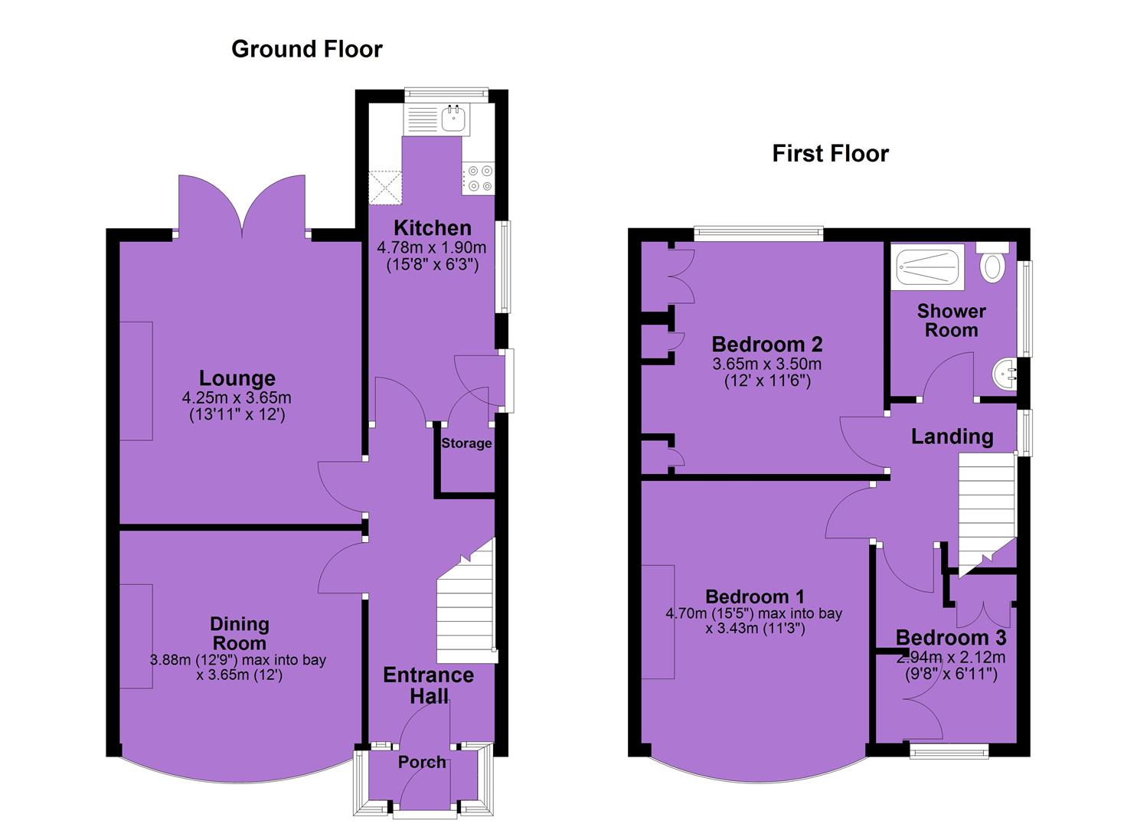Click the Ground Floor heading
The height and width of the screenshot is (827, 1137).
pyautogui.click(x=306, y=49)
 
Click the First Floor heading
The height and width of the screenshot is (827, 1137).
pyautogui.click(x=831, y=153)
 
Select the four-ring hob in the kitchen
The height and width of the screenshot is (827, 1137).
pyautogui.click(x=478, y=178)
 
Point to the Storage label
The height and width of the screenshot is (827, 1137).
pyautogui.click(x=466, y=443)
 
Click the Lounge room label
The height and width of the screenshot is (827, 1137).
pyautogui.click(x=237, y=378)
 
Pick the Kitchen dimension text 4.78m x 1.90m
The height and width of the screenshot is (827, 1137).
pyautogui.click(x=432, y=248)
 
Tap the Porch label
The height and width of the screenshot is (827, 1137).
pyautogui.click(x=422, y=762)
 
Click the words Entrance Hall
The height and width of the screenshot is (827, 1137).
pyautogui.click(x=429, y=685)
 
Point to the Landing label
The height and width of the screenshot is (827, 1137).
pyautogui.click(x=952, y=436)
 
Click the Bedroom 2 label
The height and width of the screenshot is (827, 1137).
pyautogui.click(x=767, y=345)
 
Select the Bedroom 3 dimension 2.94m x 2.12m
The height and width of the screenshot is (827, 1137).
pyautogui.click(x=951, y=658)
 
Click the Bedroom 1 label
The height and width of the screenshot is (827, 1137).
pyautogui.click(x=755, y=596)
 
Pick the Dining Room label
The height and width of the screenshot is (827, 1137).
pyautogui.click(x=240, y=633)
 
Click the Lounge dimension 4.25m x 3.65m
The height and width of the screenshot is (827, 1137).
pyautogui.click(x=237, y=397)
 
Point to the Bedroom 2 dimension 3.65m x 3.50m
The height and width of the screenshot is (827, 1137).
pyautogui.click(x=767, y=364)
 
